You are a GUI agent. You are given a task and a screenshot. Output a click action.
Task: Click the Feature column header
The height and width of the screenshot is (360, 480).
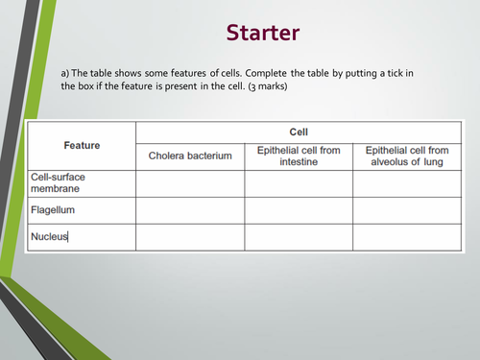[x=82, y=145]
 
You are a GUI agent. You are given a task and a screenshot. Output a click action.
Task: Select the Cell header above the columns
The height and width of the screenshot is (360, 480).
[x=300, y=132]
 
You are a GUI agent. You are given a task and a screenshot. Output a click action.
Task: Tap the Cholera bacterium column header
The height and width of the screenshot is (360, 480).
[x=190, y=156]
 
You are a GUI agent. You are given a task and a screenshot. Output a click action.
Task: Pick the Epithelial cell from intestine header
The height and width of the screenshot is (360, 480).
[x=300, y=156]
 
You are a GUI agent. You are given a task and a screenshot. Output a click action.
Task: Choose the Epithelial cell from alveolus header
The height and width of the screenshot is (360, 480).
[x=408, y=156]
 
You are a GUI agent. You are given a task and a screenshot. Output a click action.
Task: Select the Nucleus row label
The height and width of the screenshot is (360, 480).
[x=50, y=236]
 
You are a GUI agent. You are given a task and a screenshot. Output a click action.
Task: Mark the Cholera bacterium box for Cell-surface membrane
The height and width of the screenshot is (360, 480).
[x=190, y=182]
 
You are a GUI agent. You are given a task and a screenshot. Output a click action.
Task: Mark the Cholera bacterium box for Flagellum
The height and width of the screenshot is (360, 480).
[x=190, y=209]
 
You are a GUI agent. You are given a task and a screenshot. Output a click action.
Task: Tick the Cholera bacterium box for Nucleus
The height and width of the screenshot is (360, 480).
[x=190, y=236]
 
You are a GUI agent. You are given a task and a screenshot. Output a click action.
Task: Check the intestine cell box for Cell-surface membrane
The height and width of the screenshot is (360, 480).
[x=300, y=182]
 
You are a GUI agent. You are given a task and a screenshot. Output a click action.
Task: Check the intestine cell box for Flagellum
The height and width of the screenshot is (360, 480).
[x=300, y=209]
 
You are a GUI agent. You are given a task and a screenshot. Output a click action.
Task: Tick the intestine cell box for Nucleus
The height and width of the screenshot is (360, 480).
[x=300, y=236]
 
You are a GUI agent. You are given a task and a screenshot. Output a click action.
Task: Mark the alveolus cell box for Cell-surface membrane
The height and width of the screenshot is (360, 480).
[x=408, y=182]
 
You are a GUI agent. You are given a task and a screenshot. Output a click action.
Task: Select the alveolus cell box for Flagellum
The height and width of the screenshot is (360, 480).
[x=408, y=209]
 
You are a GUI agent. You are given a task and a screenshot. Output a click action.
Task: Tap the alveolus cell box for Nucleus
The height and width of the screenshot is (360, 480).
[x=408, y=236]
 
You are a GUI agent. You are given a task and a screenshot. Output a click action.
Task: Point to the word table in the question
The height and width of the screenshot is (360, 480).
[x=94, y=73]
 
